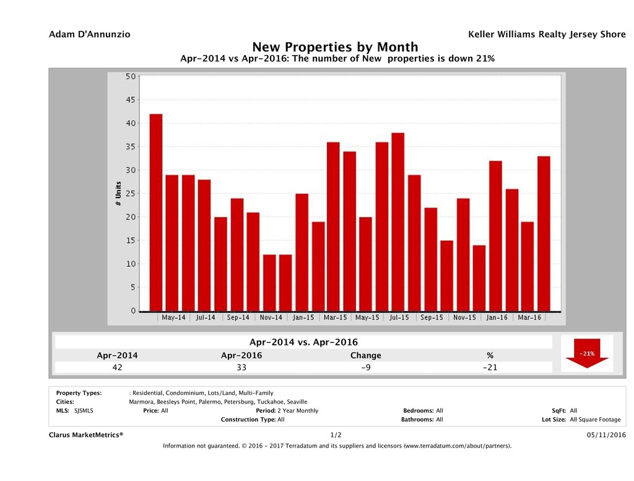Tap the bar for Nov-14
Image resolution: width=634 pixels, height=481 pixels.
tap(269, 282)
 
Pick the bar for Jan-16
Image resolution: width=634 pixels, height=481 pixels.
tap(495, 236)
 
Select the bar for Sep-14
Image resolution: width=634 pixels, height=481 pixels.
tap(237, 254)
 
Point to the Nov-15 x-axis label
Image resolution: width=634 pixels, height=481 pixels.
tap(464, 318)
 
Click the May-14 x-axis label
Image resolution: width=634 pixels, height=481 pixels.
tap(173, 318)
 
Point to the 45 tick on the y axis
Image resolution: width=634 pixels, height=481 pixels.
tap(131, 100)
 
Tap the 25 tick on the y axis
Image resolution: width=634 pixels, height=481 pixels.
tap(131, 194)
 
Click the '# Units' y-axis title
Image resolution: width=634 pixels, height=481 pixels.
tap(118, 194)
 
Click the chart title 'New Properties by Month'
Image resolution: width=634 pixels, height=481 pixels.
tap(335, 47)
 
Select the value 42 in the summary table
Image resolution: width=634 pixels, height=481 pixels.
tap(118, 367)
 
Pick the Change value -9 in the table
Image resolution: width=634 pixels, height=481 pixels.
tap(365, 367)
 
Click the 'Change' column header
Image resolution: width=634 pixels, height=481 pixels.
tap(365, 355)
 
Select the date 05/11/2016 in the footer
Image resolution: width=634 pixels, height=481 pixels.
tap(607, 435)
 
